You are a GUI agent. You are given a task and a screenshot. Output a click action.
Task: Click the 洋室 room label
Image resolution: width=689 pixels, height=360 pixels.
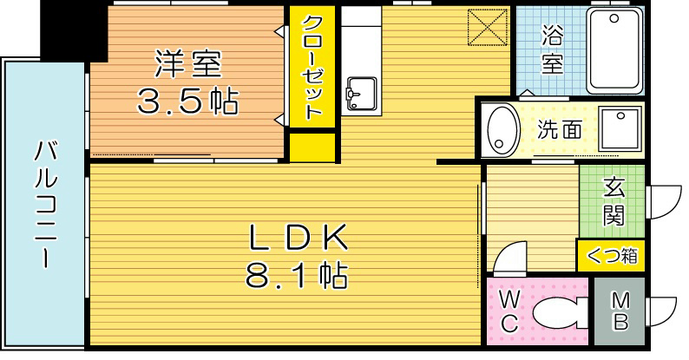(187, 64)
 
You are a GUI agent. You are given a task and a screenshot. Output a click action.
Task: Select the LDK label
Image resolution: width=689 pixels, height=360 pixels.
(299, 236)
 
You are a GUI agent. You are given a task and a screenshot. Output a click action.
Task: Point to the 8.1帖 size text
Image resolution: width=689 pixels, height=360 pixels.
(299, 277)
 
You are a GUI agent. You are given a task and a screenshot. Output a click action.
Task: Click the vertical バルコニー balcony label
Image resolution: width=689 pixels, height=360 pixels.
(44, 204)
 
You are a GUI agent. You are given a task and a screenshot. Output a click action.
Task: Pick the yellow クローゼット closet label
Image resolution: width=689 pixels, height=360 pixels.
(312, 68)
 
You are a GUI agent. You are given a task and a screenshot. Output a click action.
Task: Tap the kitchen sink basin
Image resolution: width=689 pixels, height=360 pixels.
(358, 90)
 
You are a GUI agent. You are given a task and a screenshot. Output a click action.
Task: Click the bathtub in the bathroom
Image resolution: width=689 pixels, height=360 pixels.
(617, 51)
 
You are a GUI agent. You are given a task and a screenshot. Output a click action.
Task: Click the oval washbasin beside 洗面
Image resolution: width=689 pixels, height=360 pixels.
(501, 128)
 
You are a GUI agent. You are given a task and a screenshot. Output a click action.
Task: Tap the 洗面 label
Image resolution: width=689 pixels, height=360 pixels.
(559, 130)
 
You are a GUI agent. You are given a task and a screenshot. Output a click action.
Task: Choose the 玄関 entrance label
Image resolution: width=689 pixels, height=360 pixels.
(614, 201)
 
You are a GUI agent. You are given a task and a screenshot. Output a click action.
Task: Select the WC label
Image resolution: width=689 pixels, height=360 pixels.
(509, 311)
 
